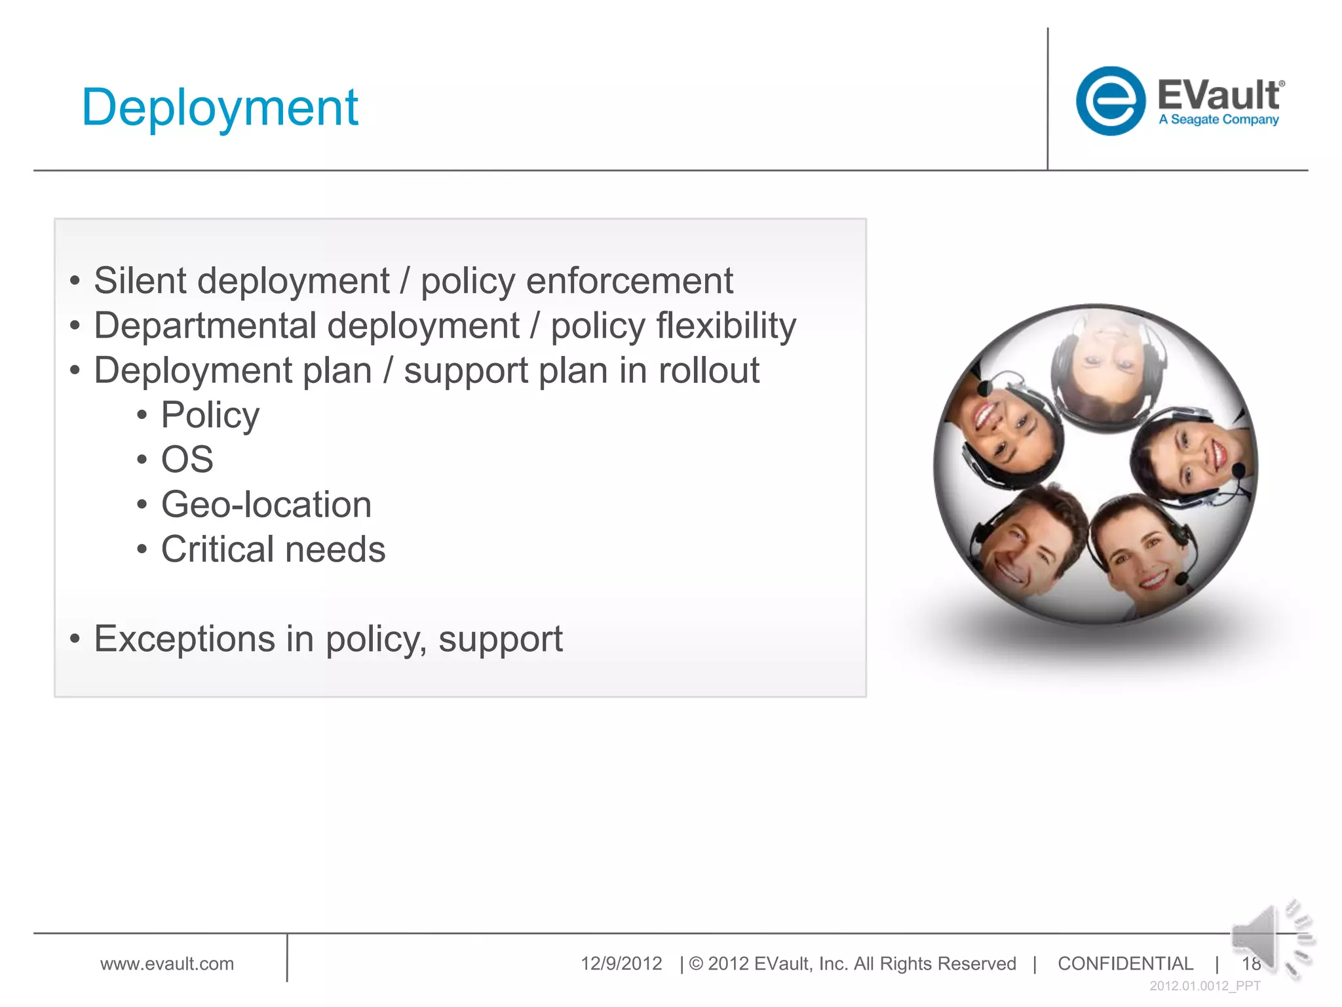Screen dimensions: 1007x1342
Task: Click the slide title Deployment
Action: tap(220, 108)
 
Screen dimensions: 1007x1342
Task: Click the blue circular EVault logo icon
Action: tap(1110, 101)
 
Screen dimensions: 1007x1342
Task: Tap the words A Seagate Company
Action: tap(1218, 120)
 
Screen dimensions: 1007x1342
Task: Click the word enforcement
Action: tap(629, 281)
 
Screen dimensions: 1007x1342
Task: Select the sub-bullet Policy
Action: tap(210, 415)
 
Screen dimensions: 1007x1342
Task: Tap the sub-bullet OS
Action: tap(187, 460)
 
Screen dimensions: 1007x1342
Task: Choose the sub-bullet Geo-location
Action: tap(266, 505)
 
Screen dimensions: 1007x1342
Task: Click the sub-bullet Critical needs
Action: tap(273, 549)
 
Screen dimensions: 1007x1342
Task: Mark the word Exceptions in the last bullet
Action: tap(184, 639)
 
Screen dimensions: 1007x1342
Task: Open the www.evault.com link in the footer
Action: tap(166, 964)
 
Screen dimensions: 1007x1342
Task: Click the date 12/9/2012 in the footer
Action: tap(621, 964)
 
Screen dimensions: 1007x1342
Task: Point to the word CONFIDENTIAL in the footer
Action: tap(1125, 964)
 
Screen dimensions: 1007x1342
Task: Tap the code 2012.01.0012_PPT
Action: tap(1204, 986)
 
